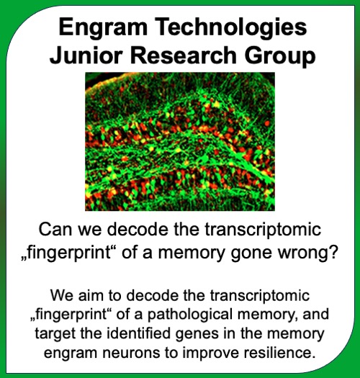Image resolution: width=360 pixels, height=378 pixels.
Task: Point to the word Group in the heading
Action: (x=280, y=58)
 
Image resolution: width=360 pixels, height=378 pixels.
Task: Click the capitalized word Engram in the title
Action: (x=103, y=28)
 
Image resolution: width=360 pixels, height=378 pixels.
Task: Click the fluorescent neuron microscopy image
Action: (x=180, y=142)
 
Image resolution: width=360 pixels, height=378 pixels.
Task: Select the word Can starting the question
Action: (x=55, y=230)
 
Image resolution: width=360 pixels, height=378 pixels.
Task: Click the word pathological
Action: (x=189, y=316)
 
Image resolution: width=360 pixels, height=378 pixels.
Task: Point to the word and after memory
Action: (x=316, y=315)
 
